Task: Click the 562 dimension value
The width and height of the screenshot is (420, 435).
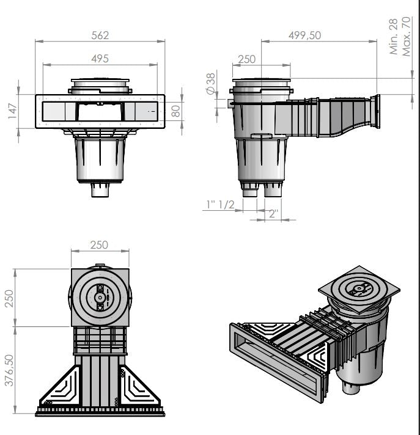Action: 100,35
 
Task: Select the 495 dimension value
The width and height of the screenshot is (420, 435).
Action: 100,59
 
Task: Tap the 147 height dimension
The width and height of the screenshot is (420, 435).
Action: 12,111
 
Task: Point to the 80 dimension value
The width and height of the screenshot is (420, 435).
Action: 175,111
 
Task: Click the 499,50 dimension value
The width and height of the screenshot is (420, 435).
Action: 304,35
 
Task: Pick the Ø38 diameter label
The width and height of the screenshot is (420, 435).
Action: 211,84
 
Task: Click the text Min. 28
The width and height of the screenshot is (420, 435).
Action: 394,36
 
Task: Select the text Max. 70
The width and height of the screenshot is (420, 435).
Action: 406,36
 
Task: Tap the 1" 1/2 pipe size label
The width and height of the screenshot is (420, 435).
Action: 221,205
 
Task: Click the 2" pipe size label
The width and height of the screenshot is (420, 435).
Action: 273,213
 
